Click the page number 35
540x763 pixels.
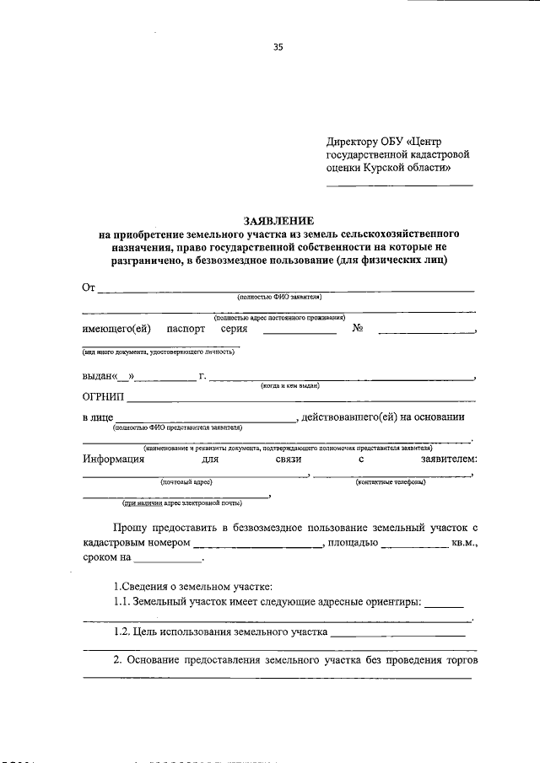point(278,47)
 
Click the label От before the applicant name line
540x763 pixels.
point(89,287)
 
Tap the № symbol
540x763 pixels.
point(357,329)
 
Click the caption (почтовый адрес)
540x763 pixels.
point(186,481)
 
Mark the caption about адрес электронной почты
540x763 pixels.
point(181,503)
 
